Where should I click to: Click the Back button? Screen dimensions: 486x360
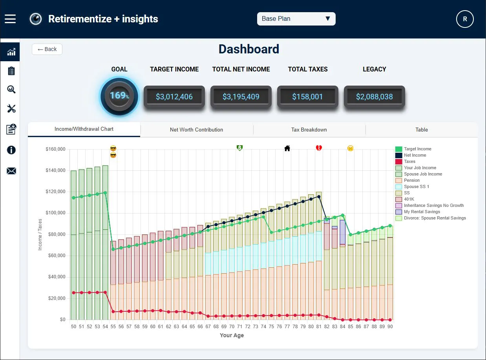coord(47,49)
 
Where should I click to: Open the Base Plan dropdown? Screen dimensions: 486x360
coord(296,19)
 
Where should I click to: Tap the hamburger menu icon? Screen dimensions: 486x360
coord(10,19)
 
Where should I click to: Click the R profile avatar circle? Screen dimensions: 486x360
coord(465,19)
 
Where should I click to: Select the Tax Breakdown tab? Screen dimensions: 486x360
coord(309,130)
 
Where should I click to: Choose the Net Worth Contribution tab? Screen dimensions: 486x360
coord(197,130)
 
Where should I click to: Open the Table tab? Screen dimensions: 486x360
coord(422,130)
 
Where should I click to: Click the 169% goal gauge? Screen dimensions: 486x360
coord(119,96)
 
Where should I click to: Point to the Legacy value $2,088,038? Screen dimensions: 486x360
coord(374,97)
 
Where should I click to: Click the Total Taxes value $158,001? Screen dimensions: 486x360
coord(307,97)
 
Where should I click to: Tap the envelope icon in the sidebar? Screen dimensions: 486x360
coord(11,171)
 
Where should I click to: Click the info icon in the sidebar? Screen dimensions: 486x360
coord(11,150)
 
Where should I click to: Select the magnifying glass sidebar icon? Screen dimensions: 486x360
coord(11,90)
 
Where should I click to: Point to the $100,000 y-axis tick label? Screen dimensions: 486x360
coord(55,213)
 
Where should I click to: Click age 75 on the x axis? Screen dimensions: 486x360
coord(271,327)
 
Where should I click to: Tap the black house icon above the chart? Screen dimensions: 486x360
coord(287,148)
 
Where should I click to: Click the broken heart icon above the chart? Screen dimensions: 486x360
coord(319,148)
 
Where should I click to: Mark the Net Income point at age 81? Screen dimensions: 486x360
coord(319,197)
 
